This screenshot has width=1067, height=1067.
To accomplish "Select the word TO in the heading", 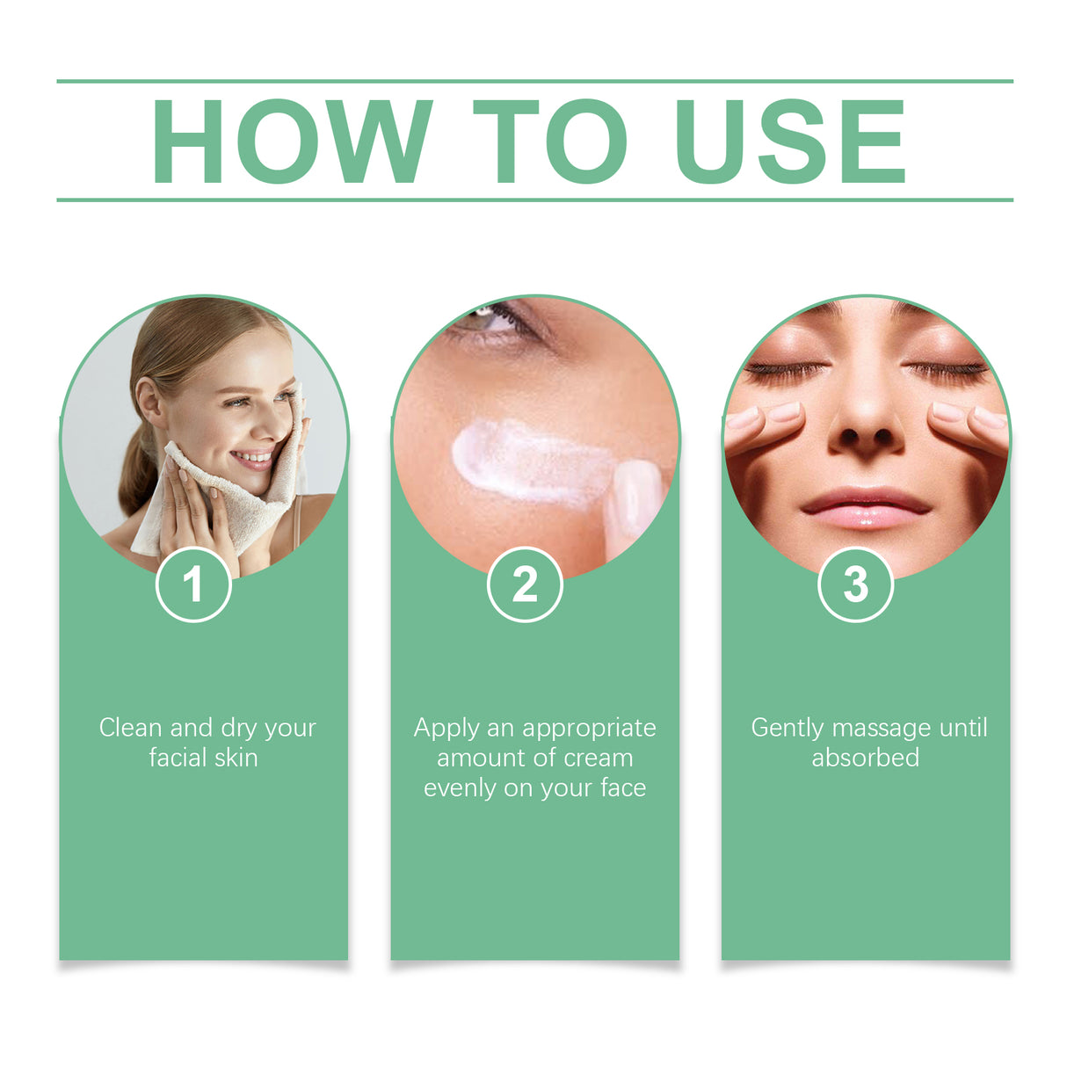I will pyautogui.click(x=549, y=141).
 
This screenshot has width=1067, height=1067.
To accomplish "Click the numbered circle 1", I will pyautogui.click(x=193, y=584).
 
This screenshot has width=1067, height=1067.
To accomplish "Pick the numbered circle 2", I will pyautogui.click(x=525, y=584).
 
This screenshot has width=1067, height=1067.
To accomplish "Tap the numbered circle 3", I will pyautogui.click(x=855, y=584).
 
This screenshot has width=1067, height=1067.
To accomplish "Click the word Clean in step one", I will pyautogui.click(x=131, y=728).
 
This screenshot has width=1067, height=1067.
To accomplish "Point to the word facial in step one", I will pyautogui.click(x=178, y=758).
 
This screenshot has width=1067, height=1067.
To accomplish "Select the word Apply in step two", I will pyautogui.click(x=446, y=729).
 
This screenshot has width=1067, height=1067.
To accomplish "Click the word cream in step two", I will pyautogui.click(x=599, y=758).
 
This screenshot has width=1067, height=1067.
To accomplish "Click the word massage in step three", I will pyautogui.click(x=882, y=729).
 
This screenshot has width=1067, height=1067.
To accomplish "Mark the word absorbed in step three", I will pyautogui.click(x=865, y=758).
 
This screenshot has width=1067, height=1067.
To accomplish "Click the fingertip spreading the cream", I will pyautogui.click(x=635, y=497).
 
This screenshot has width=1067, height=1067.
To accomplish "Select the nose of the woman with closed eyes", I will pyautogui.click(x=866, y=422).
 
